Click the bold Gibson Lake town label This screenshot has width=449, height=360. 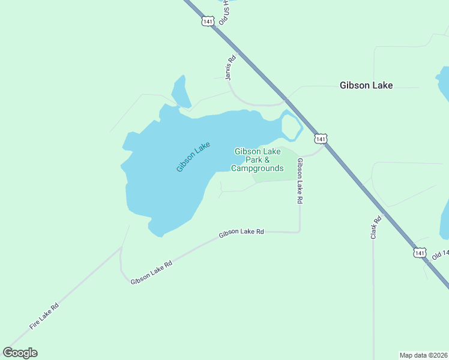366,85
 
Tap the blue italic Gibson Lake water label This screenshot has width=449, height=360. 193,157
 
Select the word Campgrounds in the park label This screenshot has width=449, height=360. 257,169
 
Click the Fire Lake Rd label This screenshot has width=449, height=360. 44,316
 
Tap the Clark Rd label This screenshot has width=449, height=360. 375,228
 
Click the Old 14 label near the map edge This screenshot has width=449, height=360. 440,254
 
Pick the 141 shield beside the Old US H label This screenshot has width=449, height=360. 208,21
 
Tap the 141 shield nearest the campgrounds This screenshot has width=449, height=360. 321,139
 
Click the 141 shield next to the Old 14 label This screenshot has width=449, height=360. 420,253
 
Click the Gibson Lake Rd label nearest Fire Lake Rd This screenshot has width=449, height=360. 151,272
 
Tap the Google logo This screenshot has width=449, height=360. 20,353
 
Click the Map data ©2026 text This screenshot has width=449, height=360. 423,355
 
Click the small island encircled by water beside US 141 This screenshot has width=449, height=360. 290,127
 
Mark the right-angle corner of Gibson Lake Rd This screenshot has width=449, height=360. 299,232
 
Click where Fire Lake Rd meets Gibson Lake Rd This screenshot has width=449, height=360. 122,247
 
